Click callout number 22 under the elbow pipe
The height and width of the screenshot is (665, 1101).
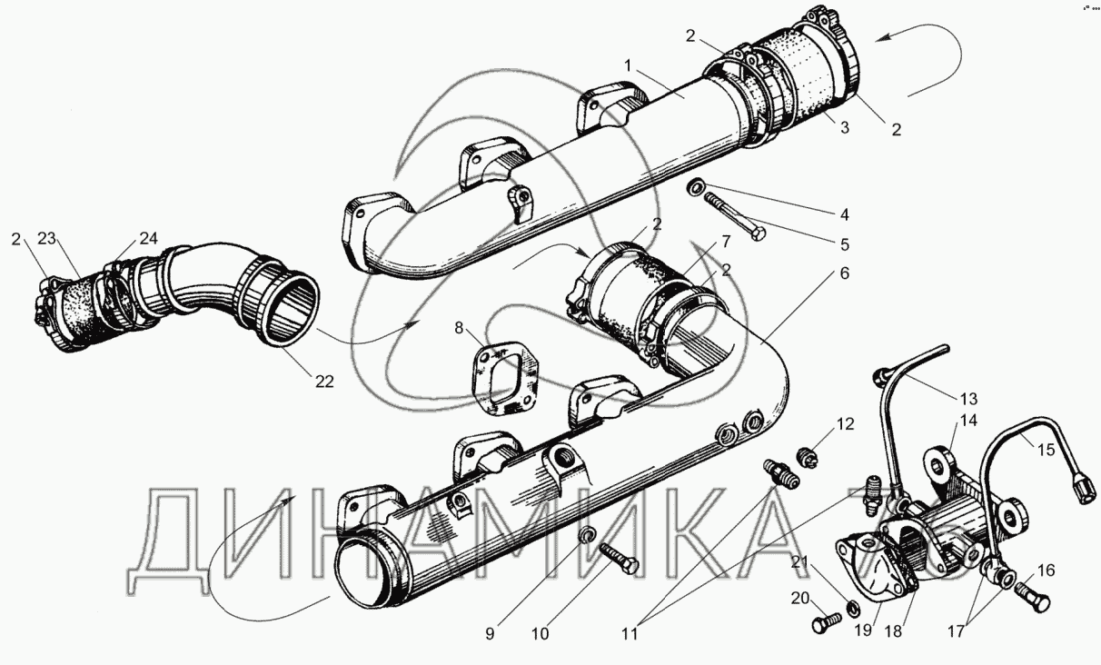tap(324, 382)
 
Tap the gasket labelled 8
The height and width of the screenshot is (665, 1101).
tap(505, 379)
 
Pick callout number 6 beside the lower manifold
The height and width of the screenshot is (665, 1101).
tap(845, 273)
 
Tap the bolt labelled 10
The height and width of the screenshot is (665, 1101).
tap(620, 560)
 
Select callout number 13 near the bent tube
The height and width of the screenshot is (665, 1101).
tap(968, 399)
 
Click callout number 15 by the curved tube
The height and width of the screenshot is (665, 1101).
tap(1046, 451)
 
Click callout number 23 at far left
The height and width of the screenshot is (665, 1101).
tap(46, 239)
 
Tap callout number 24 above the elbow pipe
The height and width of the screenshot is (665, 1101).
tap(148, 238)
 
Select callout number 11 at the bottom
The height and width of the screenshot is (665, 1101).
tap(630, 634)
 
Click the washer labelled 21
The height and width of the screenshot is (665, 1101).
tap(854, 608)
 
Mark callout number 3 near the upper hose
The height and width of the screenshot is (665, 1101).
tap(845, 128)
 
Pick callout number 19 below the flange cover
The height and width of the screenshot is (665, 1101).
tap(863, 630)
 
